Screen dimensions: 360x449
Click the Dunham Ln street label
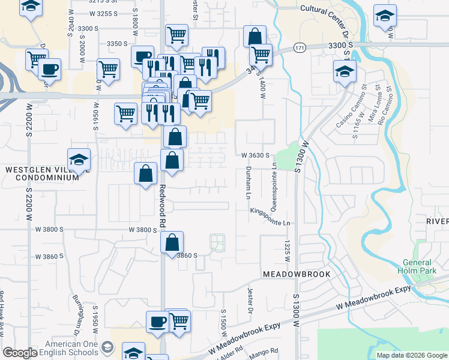[x=248, y=183]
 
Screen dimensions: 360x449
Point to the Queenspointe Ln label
[x=274, y=187]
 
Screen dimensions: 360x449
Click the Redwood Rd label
[x=162, y=204]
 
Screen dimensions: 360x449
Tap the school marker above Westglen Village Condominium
[x=79, y=160]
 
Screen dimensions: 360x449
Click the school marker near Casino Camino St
[x=345, y=73]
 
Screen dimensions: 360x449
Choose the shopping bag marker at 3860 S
[x=172, y=243]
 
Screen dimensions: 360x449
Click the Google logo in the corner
[x=20, y=353]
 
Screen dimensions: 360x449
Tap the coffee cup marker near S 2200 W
[x=49, y=69]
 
